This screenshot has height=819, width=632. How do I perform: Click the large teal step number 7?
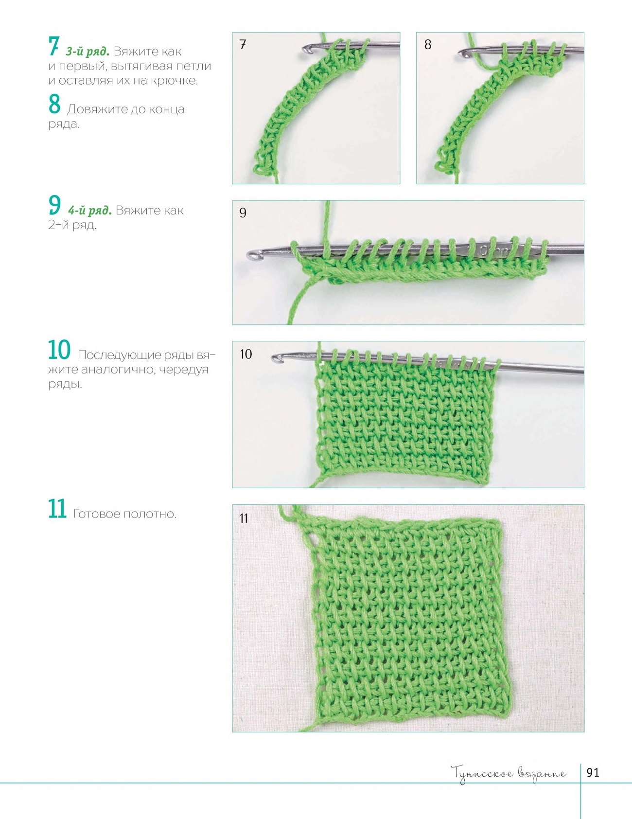(x=53, y=47)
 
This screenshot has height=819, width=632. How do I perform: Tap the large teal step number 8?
(x=54, y=104)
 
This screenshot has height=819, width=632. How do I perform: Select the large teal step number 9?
(x=54, y=205)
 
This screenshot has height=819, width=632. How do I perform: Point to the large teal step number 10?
(x=59, y=349)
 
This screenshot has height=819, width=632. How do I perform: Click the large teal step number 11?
(x=57, y=509)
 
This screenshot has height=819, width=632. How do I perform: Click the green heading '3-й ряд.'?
(x=88, y=51)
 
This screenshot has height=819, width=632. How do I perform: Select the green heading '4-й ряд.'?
(x=90, y=211)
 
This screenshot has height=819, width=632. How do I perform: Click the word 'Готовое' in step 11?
(x=96, y=514)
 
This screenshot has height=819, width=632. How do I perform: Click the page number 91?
(x=593, y=773)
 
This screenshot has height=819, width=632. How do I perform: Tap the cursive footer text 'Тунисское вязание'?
(x=509, y=773)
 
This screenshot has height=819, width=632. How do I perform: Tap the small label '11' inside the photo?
(x=244, y=518)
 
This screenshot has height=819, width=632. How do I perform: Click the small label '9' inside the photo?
(x=243, y=213)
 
